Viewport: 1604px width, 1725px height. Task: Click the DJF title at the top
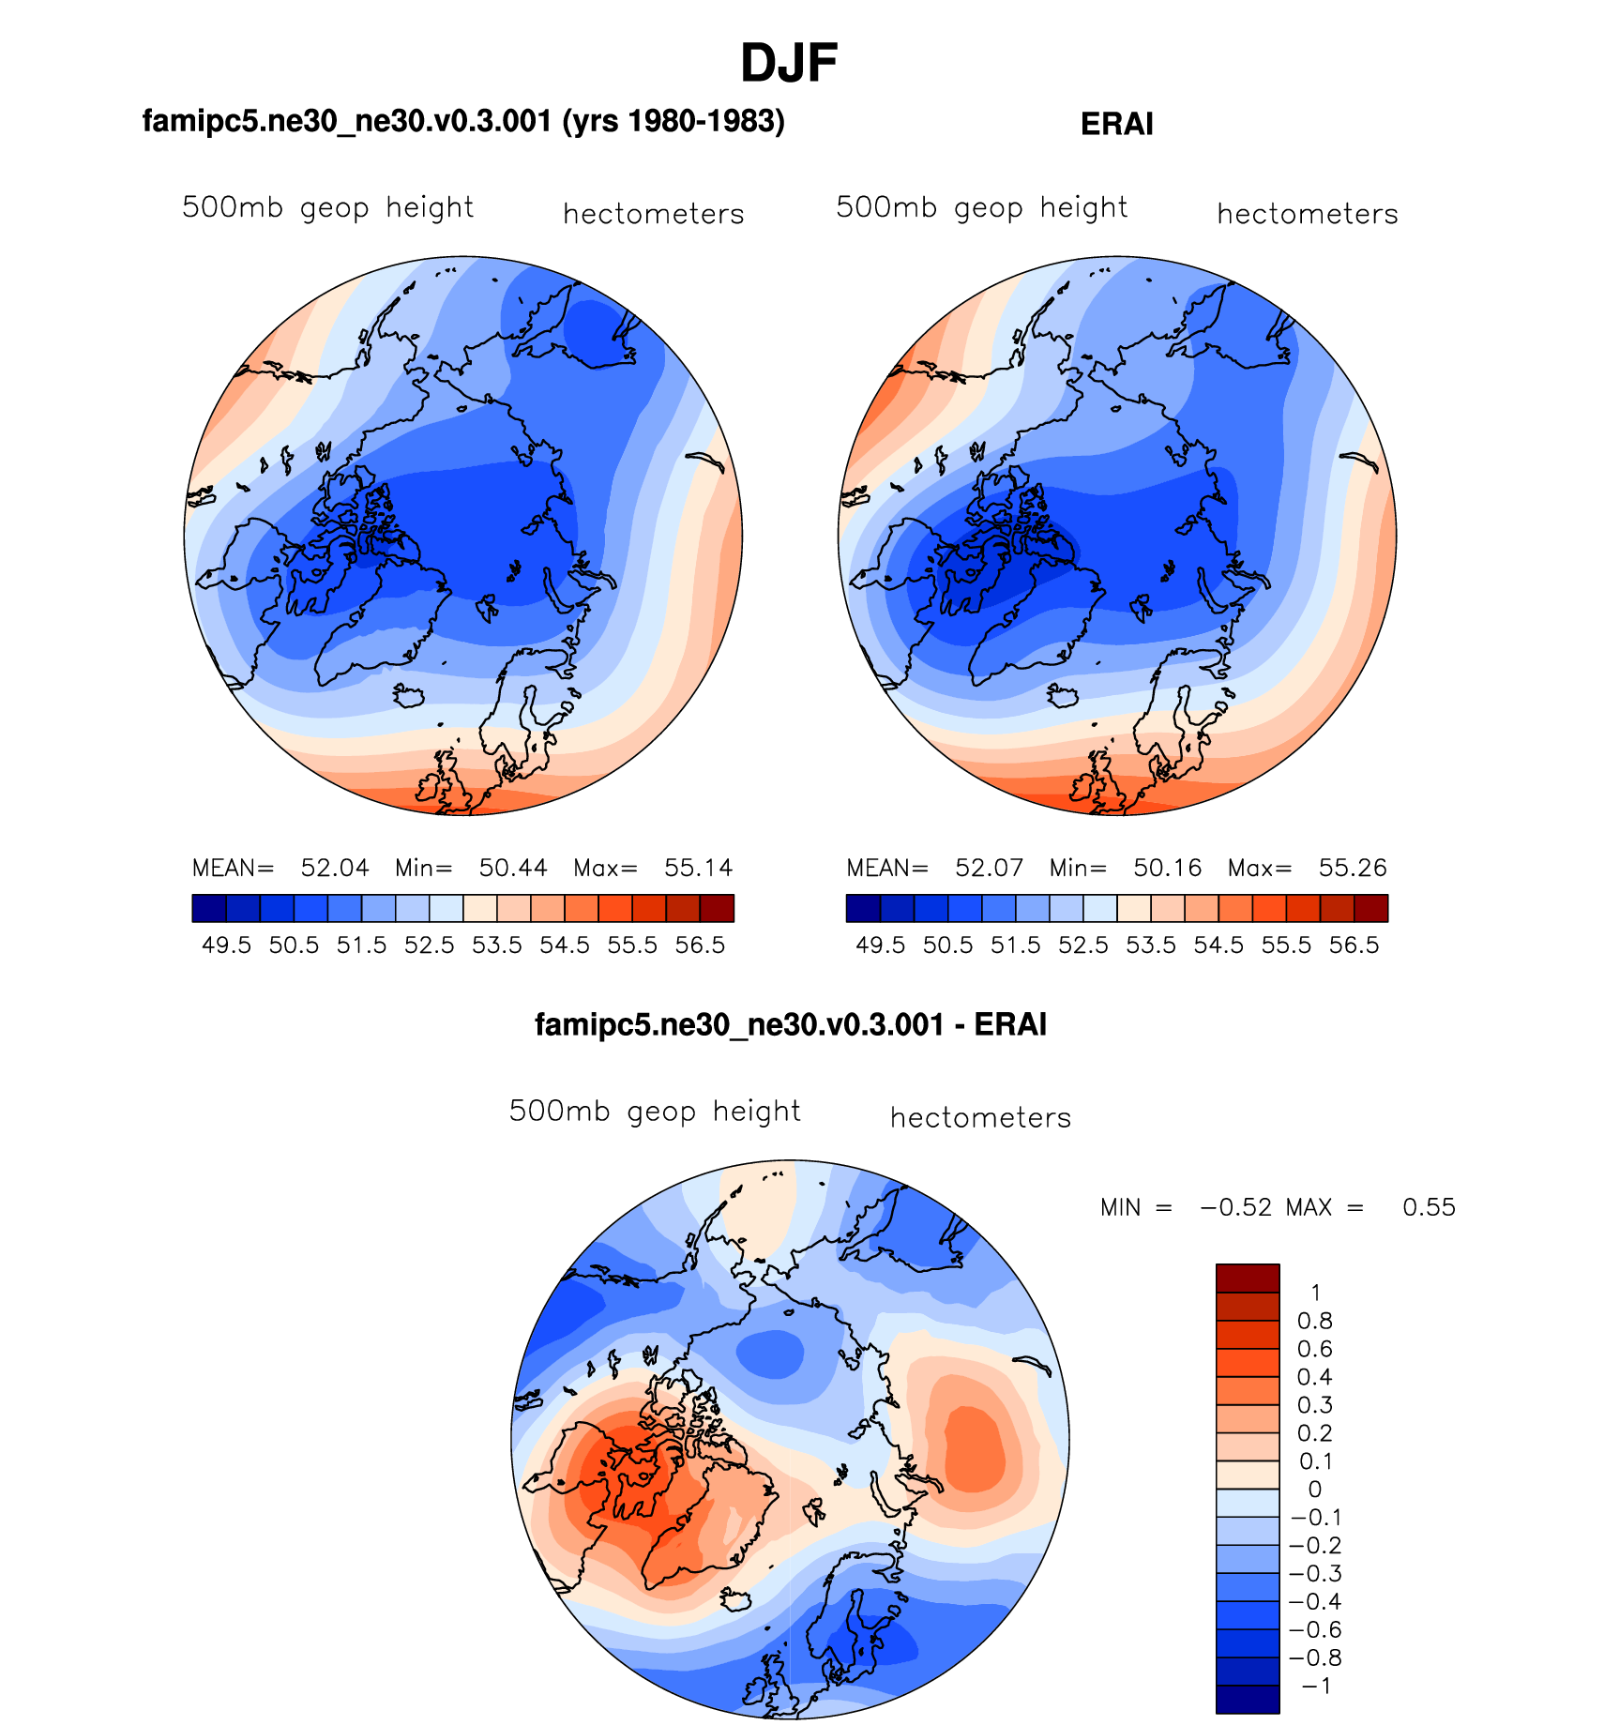tap(788, 64)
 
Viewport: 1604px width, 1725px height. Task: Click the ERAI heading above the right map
tap(1116, 124)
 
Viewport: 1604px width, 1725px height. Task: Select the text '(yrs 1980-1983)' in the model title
tap(673, 121)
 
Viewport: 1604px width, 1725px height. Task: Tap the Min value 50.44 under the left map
tap(512, 868)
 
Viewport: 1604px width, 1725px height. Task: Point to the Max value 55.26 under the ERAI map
tap(1352, 868)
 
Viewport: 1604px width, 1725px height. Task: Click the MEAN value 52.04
tap(334, 868)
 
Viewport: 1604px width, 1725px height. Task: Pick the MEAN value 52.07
tap(989, 868)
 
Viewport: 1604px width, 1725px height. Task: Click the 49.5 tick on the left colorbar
tap(226, 945)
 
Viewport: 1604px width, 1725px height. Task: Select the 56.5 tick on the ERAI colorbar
tap(1354, 945)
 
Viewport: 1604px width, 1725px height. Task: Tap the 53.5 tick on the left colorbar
tap(496, 945)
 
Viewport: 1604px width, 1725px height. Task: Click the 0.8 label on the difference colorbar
tap(1314, 1321)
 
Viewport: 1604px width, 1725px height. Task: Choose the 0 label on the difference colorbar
tap(1314, 1490)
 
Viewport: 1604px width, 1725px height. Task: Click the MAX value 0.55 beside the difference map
tap(1428, 1207)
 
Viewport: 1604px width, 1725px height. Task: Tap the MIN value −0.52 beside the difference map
tap(1235, 1207)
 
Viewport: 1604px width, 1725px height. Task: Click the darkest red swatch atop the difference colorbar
tap(1247, 1278)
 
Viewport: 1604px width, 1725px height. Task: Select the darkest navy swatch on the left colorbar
tap(209, 908)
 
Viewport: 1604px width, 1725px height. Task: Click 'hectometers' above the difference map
tap(980, 1117)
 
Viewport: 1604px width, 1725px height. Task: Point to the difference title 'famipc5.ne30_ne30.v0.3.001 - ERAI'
tap(790, 1023)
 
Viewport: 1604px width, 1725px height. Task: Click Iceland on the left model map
tap(409, 696)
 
